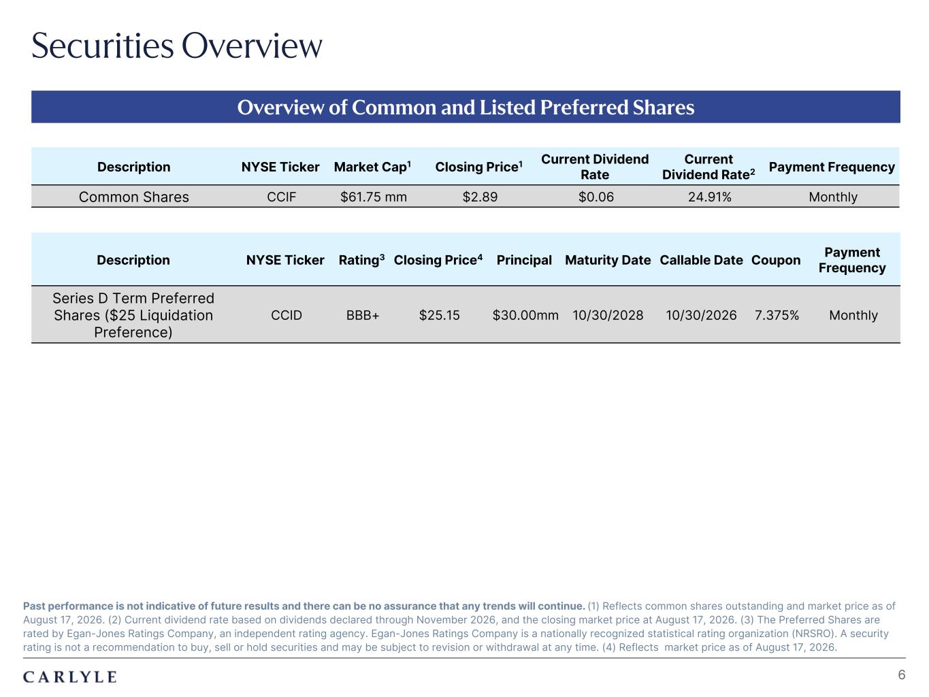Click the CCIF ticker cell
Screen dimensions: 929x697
282,197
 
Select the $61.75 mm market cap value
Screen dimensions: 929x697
373,197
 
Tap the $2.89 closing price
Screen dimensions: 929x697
480,197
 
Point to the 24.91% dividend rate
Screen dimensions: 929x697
710,197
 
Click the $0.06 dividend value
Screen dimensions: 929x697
596,197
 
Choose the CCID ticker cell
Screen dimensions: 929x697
287,315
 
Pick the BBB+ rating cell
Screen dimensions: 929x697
363,315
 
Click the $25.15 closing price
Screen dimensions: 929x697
439,315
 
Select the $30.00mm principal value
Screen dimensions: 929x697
525,315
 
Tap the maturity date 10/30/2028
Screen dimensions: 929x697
608,315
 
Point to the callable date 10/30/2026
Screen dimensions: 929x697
701,315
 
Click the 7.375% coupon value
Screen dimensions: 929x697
777,315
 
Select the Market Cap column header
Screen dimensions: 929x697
372,166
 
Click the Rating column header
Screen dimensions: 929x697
361,259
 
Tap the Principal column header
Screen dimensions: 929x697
524,260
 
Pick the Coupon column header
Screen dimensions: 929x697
776,260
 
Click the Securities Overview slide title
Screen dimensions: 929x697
177,46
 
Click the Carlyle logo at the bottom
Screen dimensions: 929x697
70,677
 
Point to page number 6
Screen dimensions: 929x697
902,675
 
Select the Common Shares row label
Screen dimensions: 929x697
134,197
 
